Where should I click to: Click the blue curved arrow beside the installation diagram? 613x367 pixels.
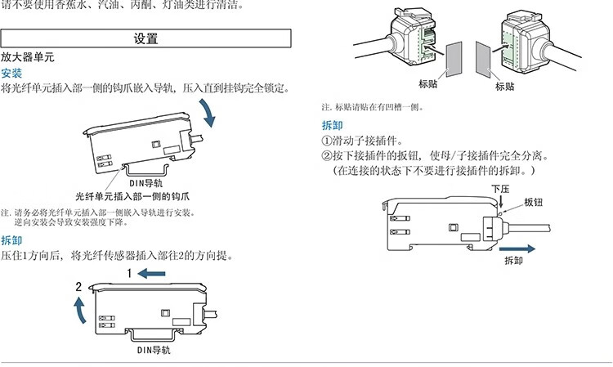pos(209,114)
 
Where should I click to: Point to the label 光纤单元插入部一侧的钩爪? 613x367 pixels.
pos(132,196)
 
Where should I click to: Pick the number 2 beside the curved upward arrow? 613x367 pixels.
pos(78,287)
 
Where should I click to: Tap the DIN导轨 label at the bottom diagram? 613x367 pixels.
pos(153,351)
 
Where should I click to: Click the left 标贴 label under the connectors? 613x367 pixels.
pos(428,83)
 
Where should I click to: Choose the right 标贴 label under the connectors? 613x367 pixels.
pos(504,84)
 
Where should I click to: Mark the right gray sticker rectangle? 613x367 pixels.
pos(484,59)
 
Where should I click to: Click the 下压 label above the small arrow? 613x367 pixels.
pos(499,189)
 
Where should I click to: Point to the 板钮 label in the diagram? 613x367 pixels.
pos(534,202)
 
